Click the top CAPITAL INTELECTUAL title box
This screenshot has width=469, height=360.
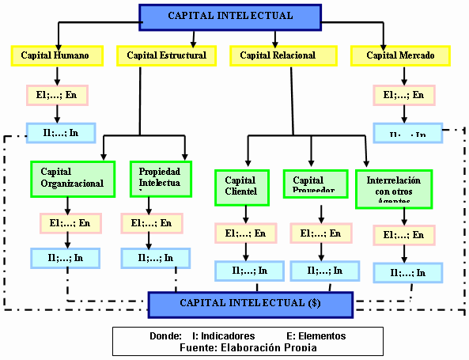(x=230, y=16)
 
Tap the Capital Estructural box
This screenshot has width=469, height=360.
(x=166, y=55)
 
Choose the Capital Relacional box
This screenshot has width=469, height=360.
(x=278, y=55)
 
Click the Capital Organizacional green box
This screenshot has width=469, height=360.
(x=73, y=177)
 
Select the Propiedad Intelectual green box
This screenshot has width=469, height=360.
(x=160, y=178)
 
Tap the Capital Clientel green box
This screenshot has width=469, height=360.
(x=245, y=186)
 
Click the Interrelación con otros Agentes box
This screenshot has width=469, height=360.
(x=393, y=187)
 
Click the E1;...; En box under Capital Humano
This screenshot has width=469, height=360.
(x=56, y=96)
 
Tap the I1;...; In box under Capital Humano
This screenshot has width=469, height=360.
(x=61, y=132)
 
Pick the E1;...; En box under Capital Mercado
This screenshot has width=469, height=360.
(x=403, y=96)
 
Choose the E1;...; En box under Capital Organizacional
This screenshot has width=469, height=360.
(x=70, y=222)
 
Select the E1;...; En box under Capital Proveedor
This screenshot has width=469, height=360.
(x=321, y=233)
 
